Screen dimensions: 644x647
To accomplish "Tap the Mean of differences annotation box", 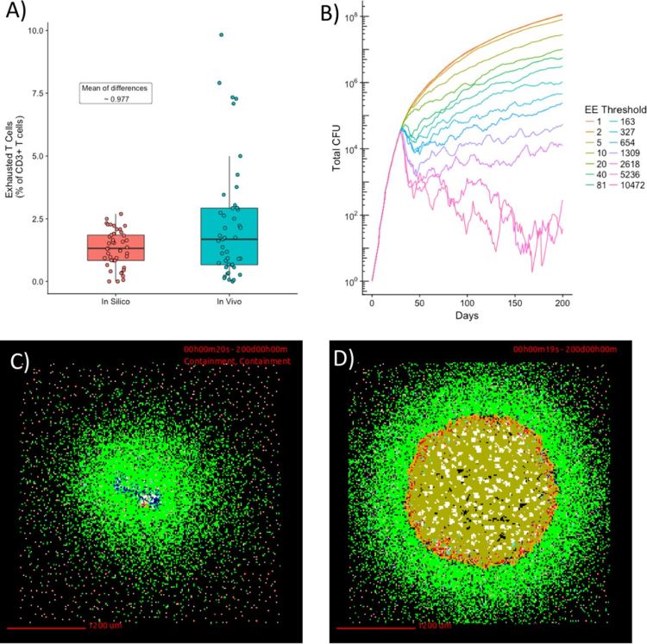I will [x=116, y=93].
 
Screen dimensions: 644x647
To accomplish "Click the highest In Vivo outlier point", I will [x=222, y=34].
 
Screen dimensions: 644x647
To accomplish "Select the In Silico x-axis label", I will [x=116, y=302].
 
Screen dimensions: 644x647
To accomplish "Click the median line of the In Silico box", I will [x=116, y=248].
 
